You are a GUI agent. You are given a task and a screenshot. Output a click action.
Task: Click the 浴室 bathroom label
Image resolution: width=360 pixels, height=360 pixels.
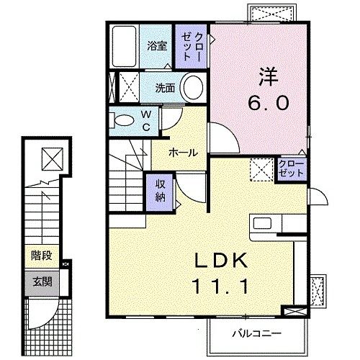[158, 45]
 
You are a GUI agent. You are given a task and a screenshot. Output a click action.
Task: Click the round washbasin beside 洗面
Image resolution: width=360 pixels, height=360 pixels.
[192, 89]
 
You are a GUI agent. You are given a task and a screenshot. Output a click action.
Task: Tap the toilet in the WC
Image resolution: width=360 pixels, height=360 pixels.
[124, 120]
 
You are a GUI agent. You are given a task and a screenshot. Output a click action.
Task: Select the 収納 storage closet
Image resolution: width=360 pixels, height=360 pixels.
[160, 192]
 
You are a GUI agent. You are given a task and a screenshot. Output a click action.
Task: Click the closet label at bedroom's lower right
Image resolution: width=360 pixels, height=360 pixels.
[291, 168]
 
